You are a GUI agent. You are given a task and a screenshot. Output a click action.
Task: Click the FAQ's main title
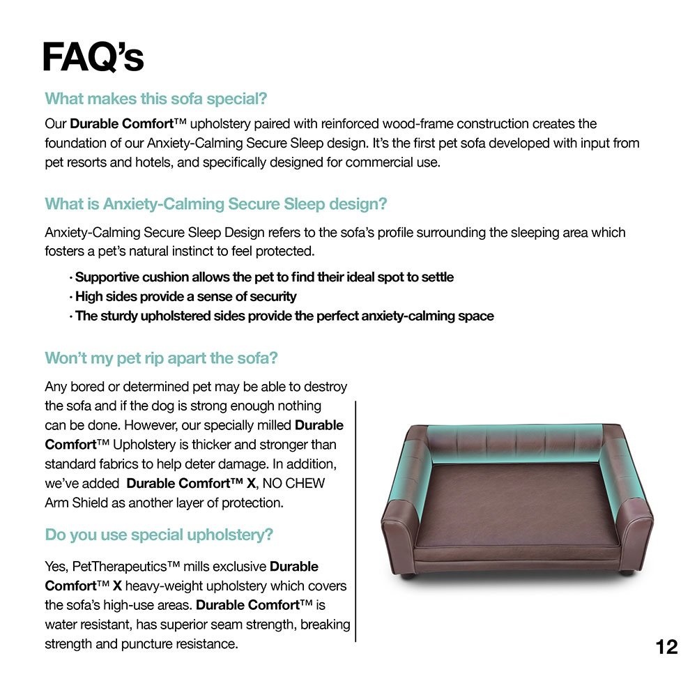[93, 57]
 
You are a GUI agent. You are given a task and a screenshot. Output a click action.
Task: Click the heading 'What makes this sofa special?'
[156, 98]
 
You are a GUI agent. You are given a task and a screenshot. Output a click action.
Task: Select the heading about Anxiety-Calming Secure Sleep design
[216, 204]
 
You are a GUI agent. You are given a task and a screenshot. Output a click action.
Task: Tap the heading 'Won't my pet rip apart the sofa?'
[162, 358]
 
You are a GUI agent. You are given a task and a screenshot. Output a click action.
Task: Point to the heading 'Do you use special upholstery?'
[159, 535]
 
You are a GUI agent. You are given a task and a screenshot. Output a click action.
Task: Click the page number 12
[666, 648]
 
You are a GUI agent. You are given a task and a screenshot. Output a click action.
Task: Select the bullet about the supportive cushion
[264, 277]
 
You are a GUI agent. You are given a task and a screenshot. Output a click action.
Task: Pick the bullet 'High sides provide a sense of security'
[185, 297]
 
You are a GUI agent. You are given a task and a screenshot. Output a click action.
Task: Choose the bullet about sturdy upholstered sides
[284, 316]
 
